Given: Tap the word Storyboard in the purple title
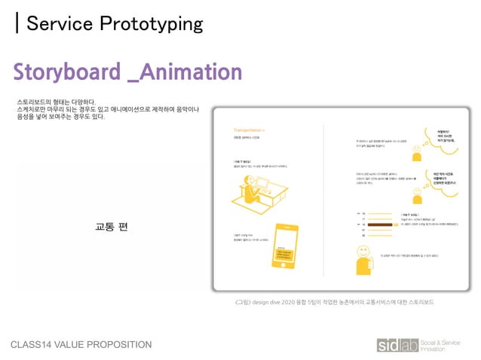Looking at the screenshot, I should click(x=66, y=72).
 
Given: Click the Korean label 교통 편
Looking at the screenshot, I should click(x=112, y=227).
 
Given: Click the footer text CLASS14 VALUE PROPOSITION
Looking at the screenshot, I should click(x=81, y=345).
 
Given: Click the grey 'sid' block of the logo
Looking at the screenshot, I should click(x=390, y=345).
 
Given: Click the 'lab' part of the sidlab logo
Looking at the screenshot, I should click(x=410, y=345).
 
